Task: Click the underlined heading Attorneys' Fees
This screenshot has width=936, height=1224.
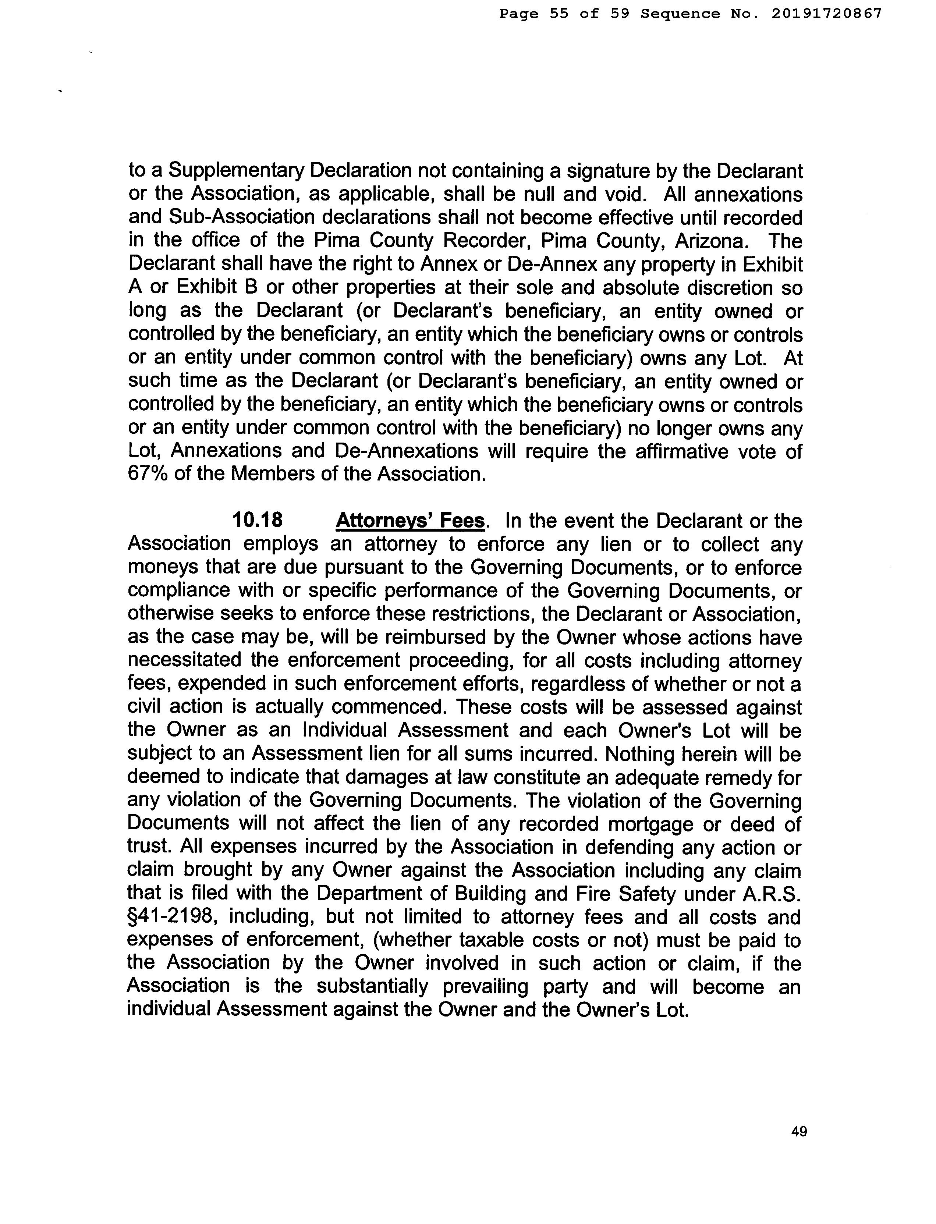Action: tap(411, 520)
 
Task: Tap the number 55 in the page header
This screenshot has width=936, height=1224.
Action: tap(559, 13)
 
